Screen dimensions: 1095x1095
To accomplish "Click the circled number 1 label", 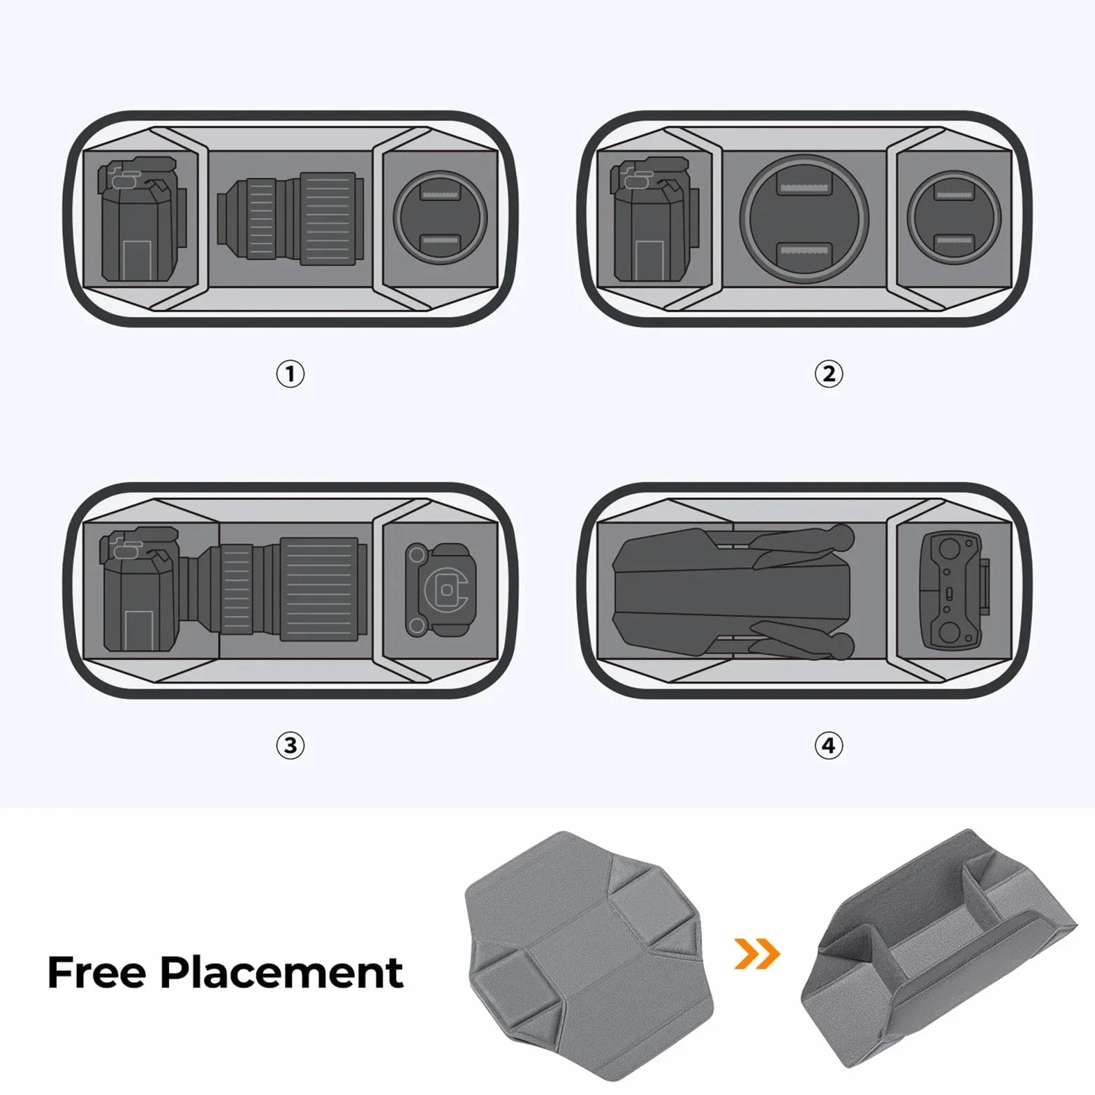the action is (x=291, y=374).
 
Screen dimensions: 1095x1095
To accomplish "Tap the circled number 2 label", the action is (x=829, y=374).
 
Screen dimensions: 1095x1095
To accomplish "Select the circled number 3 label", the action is (x=291, y=745).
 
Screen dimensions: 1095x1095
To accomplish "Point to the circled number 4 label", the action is (x=829, y=745).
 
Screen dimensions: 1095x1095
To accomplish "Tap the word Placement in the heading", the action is (x=281, y=973).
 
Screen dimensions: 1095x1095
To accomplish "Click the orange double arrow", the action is (x=757, y=953).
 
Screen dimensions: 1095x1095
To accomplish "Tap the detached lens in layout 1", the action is (x=291, y=219).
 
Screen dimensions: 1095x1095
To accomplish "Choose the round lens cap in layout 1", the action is (x=439, y=219).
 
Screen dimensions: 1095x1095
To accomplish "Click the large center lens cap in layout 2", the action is (x=804, y=219).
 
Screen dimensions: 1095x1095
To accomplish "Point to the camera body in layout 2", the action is (x=655, y=219).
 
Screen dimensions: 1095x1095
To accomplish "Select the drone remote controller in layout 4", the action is (x=955, y=590).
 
